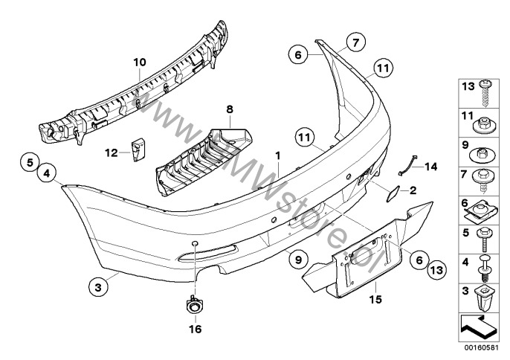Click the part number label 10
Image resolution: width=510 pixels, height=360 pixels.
coord(140,62)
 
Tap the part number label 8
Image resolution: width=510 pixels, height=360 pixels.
coord(230,109)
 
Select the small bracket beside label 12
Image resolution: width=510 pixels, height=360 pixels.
coord(138,150)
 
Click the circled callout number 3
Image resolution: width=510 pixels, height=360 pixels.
coord(98,287)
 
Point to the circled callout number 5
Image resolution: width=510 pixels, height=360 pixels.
coord(30,162)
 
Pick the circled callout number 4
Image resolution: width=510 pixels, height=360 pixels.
coord(47,173)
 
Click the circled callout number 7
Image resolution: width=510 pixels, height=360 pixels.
coord(355,42)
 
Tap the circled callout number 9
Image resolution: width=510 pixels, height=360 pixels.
coord(298,260)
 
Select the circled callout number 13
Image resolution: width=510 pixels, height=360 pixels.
coord(436,270)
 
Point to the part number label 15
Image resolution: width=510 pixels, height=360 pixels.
coord(375,299)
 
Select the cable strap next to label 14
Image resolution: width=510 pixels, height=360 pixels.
coord(407,167)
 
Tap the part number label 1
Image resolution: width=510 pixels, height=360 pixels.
coord(278,155)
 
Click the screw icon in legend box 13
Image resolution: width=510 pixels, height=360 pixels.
coord(485,93)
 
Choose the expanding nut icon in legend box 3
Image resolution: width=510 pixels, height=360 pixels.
coord(483,298)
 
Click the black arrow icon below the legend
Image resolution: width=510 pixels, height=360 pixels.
coord(479,325)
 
